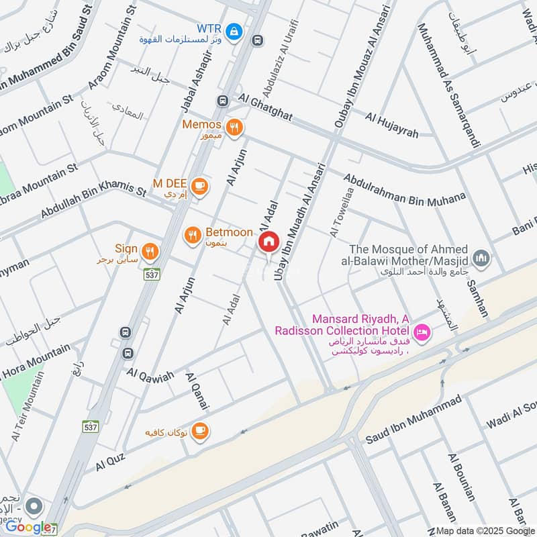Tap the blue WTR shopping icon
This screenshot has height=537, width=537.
point(234,30)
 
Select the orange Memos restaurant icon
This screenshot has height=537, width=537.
point(234,127)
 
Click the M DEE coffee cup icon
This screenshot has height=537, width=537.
point(199,185)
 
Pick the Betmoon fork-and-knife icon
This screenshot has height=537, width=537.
point(193,234)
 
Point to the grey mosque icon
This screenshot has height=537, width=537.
point(481,258)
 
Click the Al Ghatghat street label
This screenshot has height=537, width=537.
point(264,107)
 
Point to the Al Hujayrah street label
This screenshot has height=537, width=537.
point(391,126)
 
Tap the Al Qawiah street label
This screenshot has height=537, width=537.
point(149,372)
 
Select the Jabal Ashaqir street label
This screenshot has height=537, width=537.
point(192,85)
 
